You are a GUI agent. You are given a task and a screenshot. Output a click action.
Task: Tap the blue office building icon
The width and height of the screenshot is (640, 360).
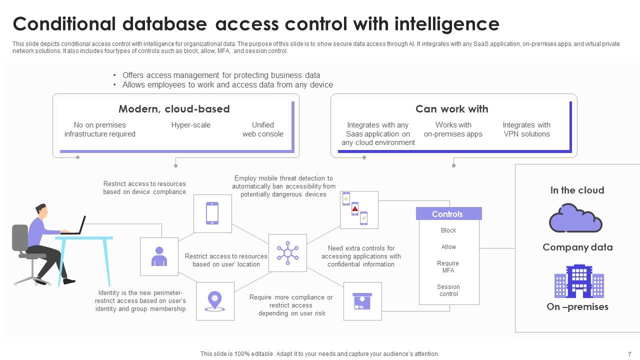click(578, 281)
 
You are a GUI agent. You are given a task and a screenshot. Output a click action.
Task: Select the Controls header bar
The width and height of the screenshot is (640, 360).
click(448, 214)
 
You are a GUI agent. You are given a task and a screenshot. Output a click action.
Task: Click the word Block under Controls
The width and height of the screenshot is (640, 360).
click(448, 230)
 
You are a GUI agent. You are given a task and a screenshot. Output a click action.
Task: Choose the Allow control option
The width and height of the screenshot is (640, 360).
click(448, 247)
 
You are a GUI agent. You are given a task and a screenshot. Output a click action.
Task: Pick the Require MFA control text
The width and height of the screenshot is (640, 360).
click(448, 267)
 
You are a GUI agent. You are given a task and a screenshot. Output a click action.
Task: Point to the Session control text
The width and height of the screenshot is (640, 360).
click(448, 290)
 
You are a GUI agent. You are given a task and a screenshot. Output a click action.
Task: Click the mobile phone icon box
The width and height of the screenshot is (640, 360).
click(212, 213)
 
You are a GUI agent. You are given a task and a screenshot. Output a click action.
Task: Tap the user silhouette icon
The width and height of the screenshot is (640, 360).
click(159, 256)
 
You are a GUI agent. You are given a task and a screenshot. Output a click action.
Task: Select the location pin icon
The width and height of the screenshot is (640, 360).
click(214, 301)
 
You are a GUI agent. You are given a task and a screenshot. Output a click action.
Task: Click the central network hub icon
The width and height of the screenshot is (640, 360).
click(287, 252)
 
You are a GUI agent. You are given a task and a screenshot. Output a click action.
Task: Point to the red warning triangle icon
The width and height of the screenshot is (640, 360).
click(355, 208)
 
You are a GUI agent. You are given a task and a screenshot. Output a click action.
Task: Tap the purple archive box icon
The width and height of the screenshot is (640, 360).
click(362, 301)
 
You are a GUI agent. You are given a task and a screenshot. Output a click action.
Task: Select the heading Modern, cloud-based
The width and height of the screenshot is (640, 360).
click(174, 109)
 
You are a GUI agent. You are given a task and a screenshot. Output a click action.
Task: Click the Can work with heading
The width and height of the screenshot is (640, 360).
click(451, 109)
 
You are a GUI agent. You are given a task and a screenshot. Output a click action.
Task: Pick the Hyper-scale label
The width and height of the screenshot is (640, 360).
click(191, 125)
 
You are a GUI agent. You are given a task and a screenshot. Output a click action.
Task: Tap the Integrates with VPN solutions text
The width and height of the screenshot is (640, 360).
click(526, 129)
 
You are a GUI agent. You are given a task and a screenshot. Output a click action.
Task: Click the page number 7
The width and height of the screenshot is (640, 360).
click(629, 353)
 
